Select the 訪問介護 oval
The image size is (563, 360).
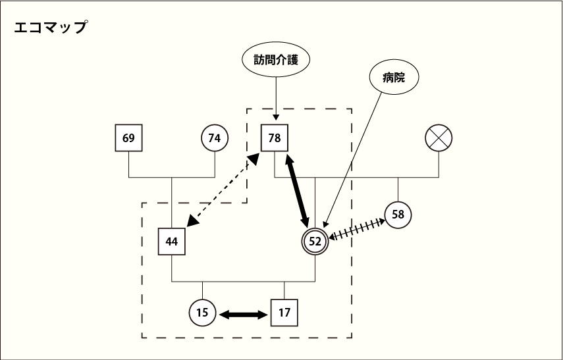click(x=276, y=61)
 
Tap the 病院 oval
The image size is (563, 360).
click(x=393, y=78)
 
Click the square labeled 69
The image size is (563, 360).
click(x=128, y=138)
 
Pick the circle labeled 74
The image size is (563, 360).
click(x=214, y=138)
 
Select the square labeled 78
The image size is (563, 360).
click(x=275, y=138)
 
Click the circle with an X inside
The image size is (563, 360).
click(x=439, y=138)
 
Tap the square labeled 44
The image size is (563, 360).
click(x=171, y=242)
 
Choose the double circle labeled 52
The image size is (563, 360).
click(x=315, y=242)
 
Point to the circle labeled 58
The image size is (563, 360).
click(x=398, y=215)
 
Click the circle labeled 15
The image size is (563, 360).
click(x=202, y=313)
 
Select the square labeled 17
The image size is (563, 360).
click(x=284, y=313)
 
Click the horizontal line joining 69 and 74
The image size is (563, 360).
click(x=171, y=177)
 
